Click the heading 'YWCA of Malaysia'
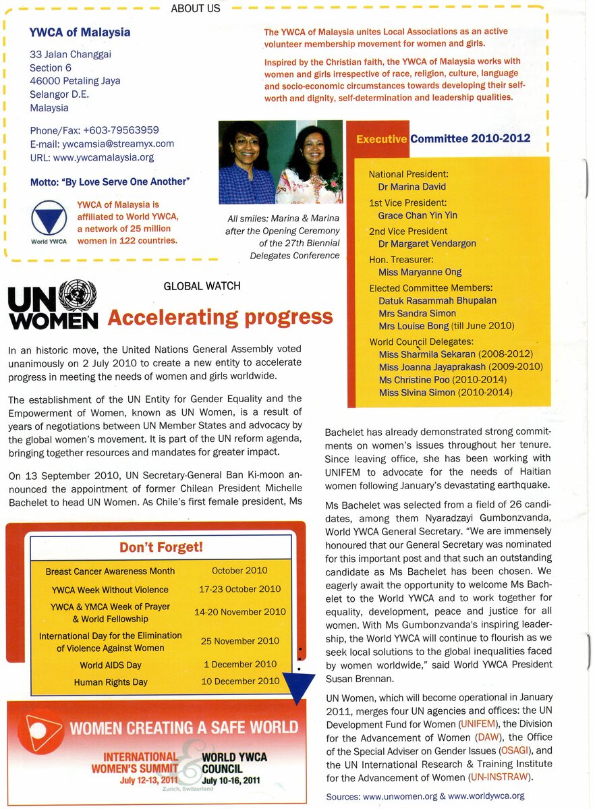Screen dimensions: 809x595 click(80, 32)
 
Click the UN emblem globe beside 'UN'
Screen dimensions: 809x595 click(78, 295)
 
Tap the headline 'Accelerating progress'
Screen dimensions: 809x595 click(220, 317)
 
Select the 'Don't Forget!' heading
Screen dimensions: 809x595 click(161, 547)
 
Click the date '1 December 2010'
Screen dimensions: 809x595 click(240, 664)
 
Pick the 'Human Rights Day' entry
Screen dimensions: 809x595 click(111, 682)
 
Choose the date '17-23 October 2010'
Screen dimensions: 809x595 click(239, 589)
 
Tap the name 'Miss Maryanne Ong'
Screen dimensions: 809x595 click(420, 272)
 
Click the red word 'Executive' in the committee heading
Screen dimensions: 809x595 click(381, 139)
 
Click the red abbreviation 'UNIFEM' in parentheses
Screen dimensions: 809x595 click(478, 723)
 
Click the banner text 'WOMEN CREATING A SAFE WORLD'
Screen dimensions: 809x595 click(183, 727)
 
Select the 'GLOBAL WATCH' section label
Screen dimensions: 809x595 click(202, 286)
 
